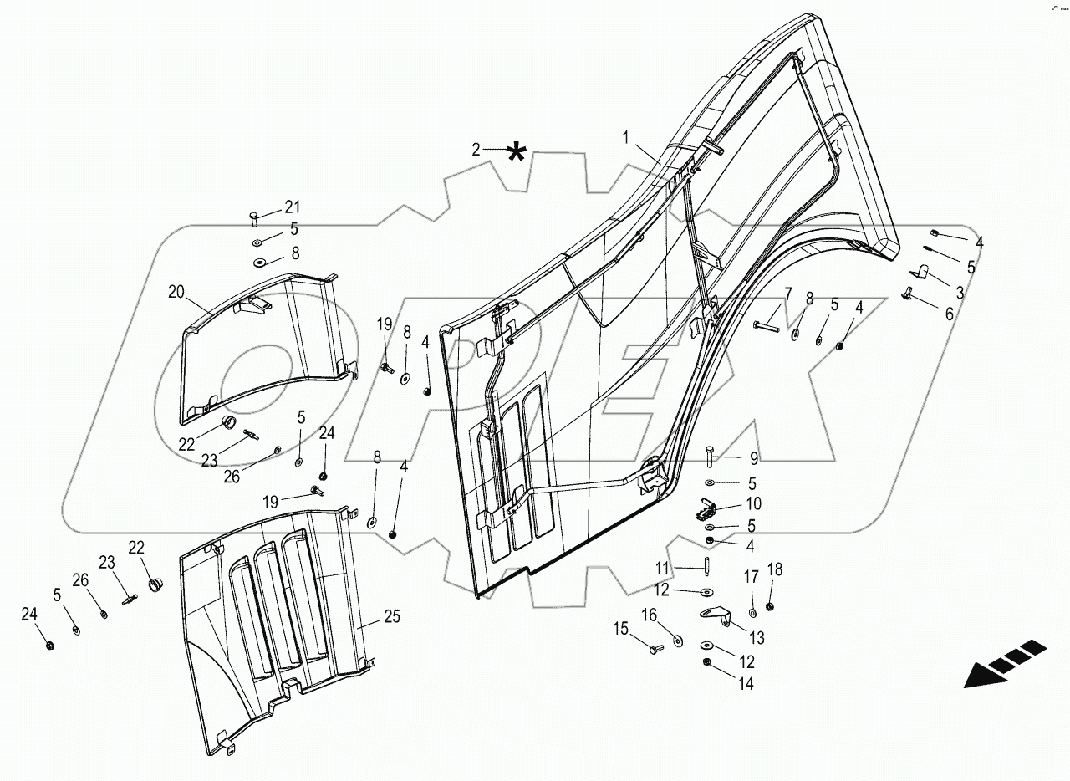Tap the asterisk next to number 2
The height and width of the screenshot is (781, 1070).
point(517,153)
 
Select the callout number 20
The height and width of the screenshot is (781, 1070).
point(176,292)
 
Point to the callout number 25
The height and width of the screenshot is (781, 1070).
point(392,618)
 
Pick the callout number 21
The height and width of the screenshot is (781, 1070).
point(291,207)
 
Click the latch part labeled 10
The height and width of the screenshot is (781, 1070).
point(704,511)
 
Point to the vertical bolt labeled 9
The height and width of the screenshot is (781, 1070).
point(710,458)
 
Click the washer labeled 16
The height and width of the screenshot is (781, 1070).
point(675,641)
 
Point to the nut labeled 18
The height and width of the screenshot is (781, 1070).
point(770,605)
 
